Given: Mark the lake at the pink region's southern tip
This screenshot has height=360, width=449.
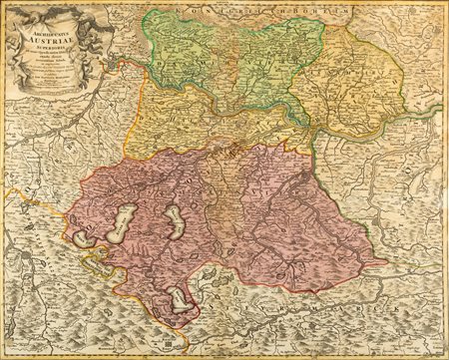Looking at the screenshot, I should [178, 298].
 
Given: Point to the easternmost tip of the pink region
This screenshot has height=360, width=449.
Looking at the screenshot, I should [386, 264].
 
